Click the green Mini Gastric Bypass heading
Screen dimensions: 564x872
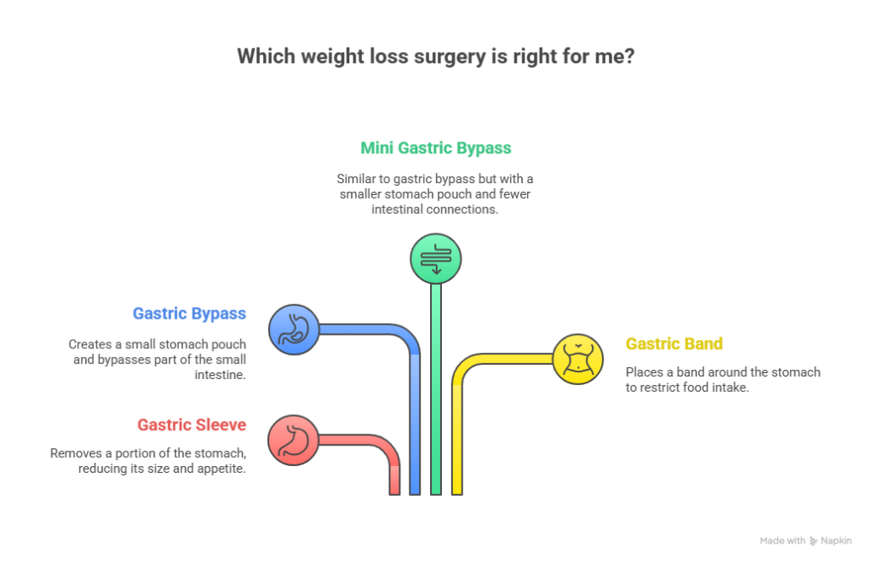pyautogui.click(x=435, y=148)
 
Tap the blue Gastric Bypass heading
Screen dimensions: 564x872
pyautogui.click(x=189, y=314)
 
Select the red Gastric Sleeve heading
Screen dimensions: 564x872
pyautogui.click(x=192, y=424)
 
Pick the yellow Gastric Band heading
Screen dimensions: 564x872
pyautogui.click(x=674, y=344)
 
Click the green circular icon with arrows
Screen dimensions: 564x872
pyautogui.click(x=436, y=258)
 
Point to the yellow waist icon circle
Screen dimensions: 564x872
pyautogui.click(x=578, y=359)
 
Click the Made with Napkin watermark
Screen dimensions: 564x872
pyautogui.click(x=805, y=541)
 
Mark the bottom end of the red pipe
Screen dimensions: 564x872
pyautogui.click(x=395, y=490)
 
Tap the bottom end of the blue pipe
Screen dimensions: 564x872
pyautogui.click(x=416, y=490)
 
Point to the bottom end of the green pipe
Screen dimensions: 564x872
pyautogui.click(x=436, y=490)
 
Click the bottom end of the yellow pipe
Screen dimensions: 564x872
pyautogui.click(x=456, y=490)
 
